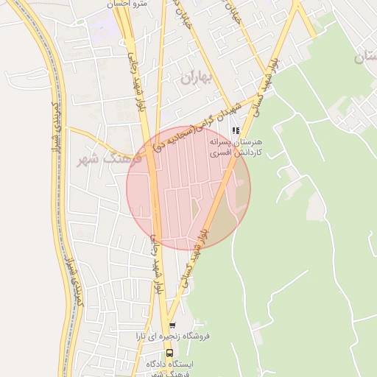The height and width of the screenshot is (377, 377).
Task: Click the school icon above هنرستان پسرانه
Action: click(236, 130)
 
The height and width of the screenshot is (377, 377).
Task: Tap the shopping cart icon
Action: click(172, 325)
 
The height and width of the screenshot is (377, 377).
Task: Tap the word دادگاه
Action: click(160, 364)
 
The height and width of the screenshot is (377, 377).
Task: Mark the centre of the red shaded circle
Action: click(188, 188)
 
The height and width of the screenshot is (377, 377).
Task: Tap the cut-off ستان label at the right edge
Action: click(368, 57)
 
